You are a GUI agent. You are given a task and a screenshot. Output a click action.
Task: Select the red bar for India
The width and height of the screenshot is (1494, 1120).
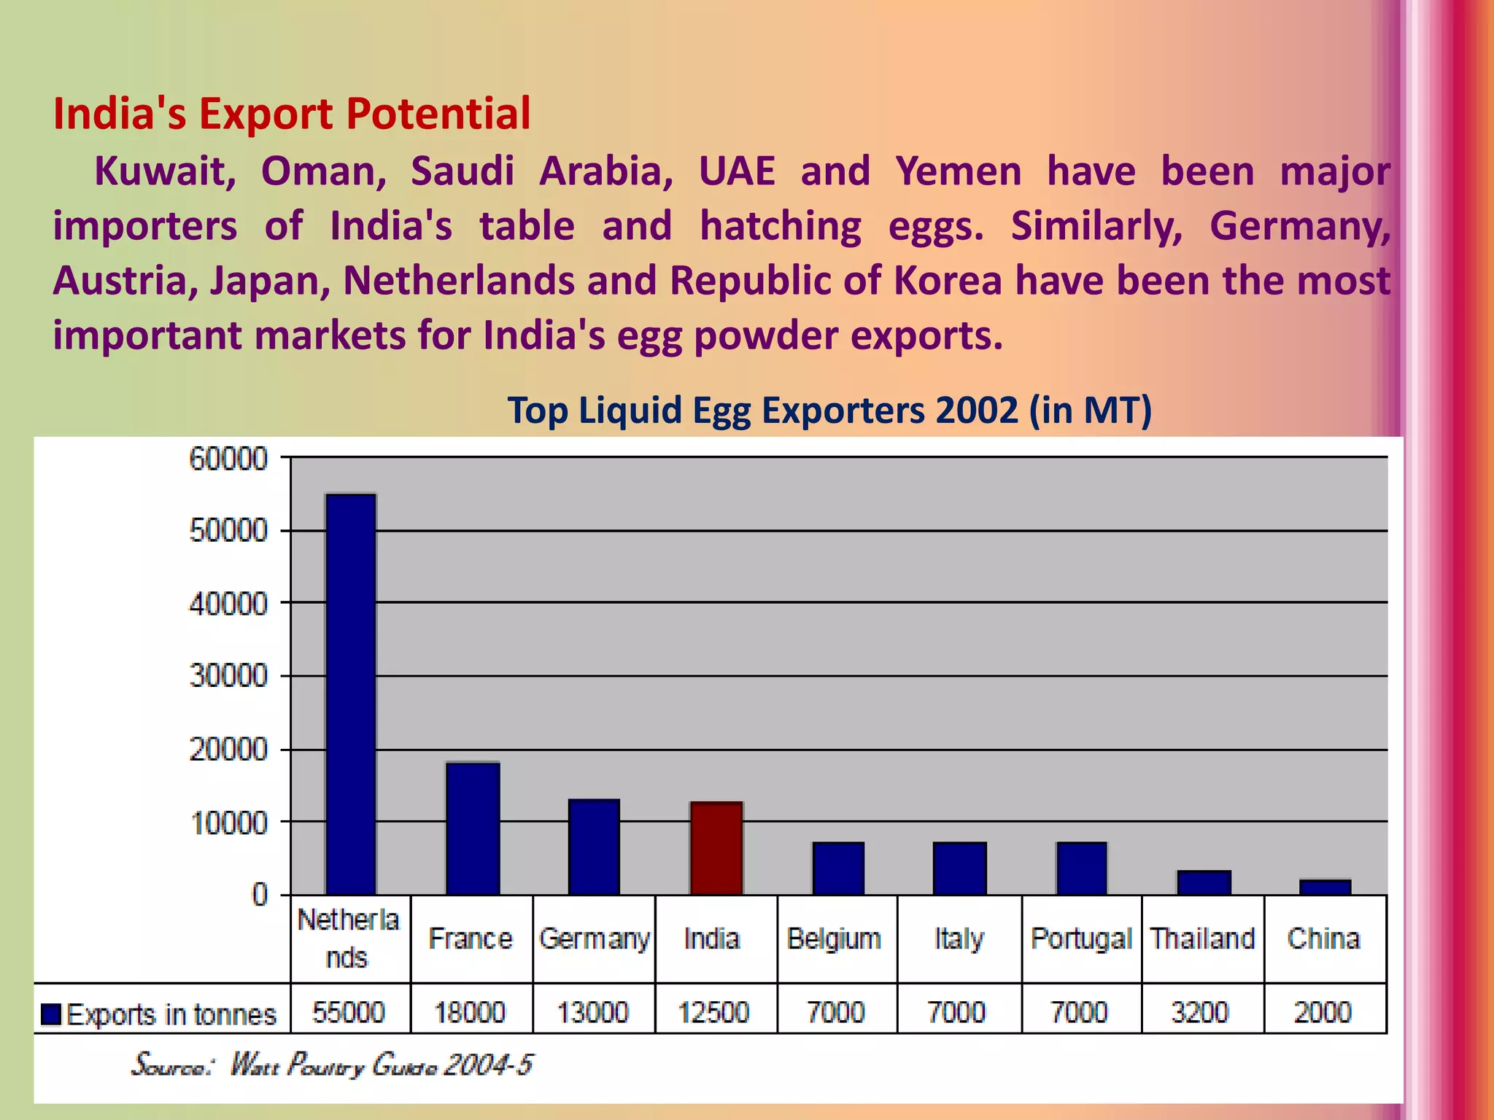click(x=716, y=848)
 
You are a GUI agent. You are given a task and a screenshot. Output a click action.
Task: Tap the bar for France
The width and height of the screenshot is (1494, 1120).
click(x=473, y=828)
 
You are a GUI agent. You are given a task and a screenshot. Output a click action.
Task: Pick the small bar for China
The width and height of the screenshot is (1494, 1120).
click(x=1325, y=887)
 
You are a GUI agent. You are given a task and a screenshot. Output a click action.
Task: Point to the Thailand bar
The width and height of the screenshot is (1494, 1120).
click(x=1204, y=882)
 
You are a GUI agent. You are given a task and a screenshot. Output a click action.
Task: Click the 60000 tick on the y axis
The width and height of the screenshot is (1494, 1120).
click(x=228, y=459)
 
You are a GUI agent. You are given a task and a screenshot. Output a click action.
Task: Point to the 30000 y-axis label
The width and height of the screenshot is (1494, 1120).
click(x=228, y=676)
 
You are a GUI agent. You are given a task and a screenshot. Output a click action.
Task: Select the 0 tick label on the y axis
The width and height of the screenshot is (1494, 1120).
click(x=260, y=894)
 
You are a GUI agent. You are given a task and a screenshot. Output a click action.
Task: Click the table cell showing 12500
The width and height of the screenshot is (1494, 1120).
click(x=714, y=1012)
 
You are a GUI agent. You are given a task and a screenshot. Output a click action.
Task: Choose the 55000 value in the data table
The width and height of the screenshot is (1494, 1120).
click(x=349, y=1012)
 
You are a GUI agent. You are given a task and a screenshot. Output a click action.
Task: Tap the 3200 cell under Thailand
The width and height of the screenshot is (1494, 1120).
click(x=1200, y=1012)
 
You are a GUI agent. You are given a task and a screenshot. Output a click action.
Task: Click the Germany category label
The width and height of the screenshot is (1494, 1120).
click(x=594, y=938)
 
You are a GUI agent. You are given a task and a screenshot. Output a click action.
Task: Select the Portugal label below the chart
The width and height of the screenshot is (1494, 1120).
click(x=1081, y=938)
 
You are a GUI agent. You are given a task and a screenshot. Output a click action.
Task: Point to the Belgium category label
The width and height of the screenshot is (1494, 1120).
click(x=834, y=938)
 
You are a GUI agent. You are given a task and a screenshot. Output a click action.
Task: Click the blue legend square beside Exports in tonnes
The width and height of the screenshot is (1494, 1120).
click(x=51, y=1014)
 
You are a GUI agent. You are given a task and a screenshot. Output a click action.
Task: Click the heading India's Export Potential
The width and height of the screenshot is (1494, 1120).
click(x=292, y=114)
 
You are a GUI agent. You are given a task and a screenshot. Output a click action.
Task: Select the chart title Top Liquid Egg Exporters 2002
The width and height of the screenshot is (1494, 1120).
click(x=829, y=410)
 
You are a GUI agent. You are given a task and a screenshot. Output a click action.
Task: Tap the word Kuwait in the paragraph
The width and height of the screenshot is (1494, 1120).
click(x=165, y=171)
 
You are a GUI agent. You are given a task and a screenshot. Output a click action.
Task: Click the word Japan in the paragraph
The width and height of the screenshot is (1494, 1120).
click(x=271, y=281)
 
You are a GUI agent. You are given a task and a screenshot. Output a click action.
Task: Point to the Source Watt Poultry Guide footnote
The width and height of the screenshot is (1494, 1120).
click(x=332, y=1065)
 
